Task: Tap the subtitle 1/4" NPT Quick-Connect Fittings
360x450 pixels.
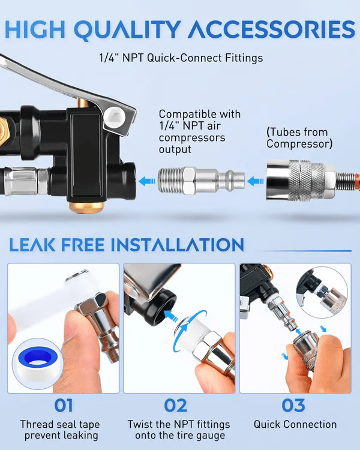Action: [x=181, y=58]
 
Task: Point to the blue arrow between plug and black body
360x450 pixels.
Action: [x=145, y=180]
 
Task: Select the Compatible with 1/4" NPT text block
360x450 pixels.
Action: [x=200, y=131]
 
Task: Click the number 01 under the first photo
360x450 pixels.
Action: [x=63, y=406]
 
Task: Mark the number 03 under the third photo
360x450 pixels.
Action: [x=294, y=406]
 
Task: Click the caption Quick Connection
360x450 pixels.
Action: [x=295, y=424]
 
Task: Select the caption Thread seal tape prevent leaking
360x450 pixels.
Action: [x=63, y=430]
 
